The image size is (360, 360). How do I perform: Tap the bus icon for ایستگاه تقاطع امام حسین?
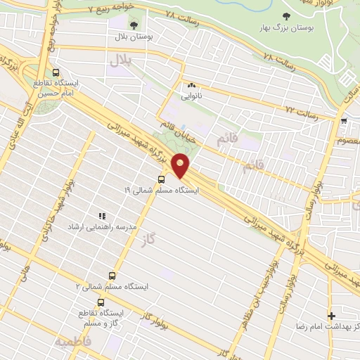tap(56, 72)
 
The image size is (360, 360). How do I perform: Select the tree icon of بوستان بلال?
tap(134, 26)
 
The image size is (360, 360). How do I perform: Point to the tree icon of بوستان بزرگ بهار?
tap(285, 16)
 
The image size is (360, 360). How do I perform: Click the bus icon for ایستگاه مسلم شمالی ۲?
tap(111, 276)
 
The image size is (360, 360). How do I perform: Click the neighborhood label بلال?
tap(120, 61)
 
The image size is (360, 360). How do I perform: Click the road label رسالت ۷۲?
tap(302, 110)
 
